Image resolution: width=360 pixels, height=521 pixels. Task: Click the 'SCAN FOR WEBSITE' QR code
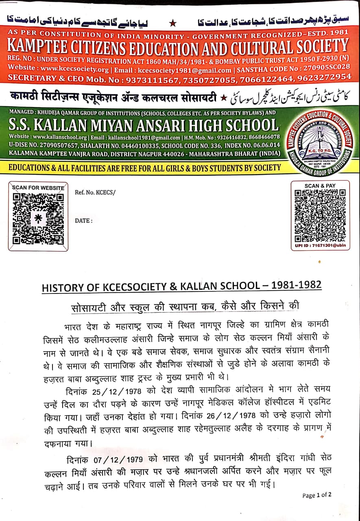coord(38,219)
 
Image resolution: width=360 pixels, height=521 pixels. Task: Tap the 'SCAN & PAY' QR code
coord(320,216)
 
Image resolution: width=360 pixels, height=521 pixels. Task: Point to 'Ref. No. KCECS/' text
coord(95,192)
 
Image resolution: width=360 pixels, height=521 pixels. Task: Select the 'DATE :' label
coord(83,221)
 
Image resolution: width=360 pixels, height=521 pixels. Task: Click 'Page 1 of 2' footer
coord(317,495)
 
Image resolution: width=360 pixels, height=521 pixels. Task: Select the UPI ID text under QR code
coord(320,246)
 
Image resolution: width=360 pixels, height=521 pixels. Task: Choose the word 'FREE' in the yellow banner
coord(159,168)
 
